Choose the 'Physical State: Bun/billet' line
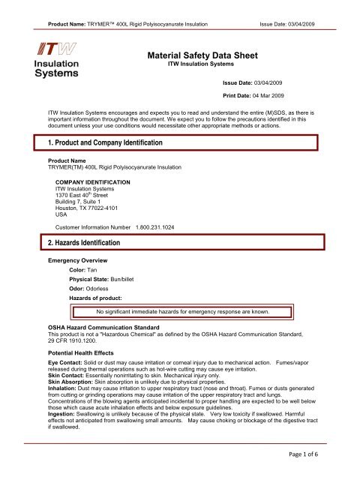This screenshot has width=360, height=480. tap(108, 280)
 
